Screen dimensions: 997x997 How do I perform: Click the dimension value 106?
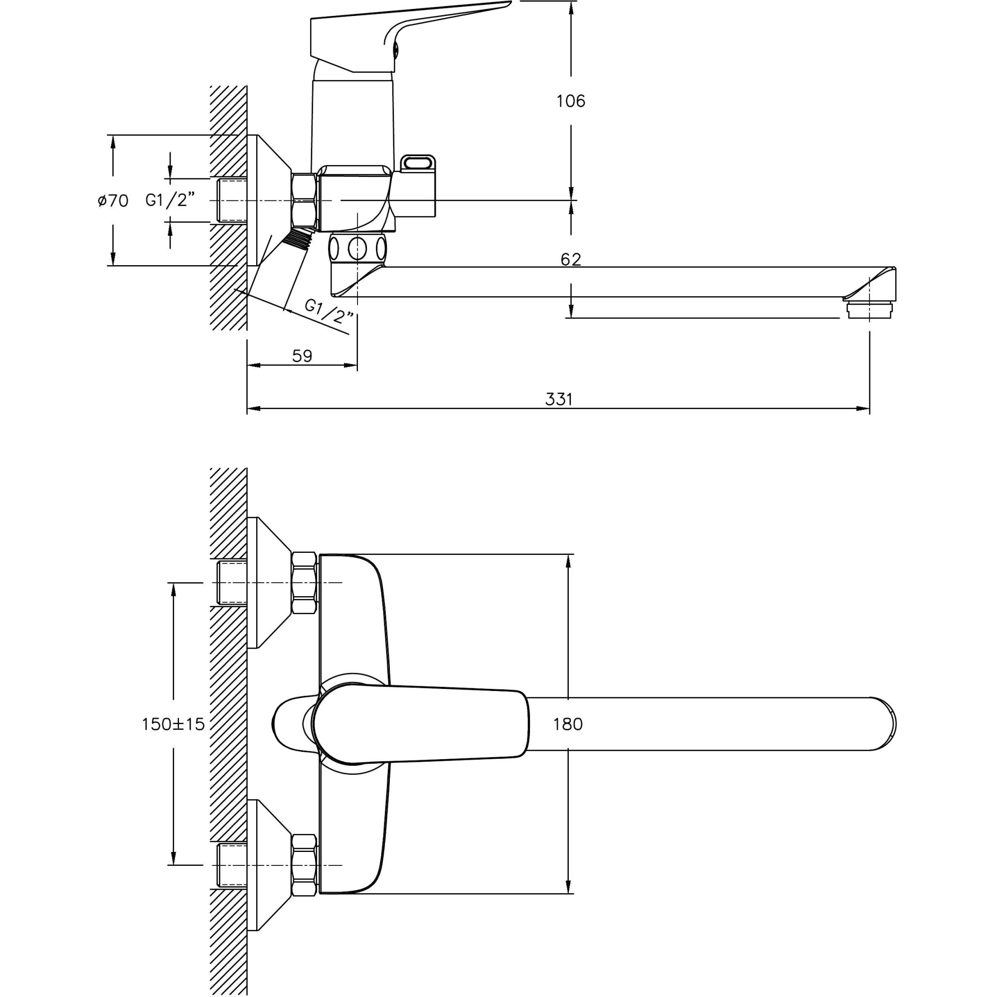click(x=570, y=101)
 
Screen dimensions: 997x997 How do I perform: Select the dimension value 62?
click(x=570, y=260)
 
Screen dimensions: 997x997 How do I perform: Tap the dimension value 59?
click(x=302, y=356)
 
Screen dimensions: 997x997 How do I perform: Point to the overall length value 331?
click(x=559, y=399)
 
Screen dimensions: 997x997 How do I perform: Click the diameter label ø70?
click(x=113, y=201)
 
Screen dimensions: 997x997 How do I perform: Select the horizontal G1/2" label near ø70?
click(x=170, y=200)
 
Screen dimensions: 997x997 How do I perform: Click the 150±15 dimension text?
click(x=173, y=724)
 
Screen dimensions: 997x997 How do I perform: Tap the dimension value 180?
click(x=568, y=724)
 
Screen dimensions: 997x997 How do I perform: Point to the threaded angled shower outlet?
click(x=298, y=238)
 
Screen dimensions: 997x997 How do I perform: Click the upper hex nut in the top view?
click(x=304, y=583)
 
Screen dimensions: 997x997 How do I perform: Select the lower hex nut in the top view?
click(x=304, y=865)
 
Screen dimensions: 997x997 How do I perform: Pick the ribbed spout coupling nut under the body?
click(x=357, y=249)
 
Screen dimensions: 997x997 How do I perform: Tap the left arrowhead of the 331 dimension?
click(x=251, y=409)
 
